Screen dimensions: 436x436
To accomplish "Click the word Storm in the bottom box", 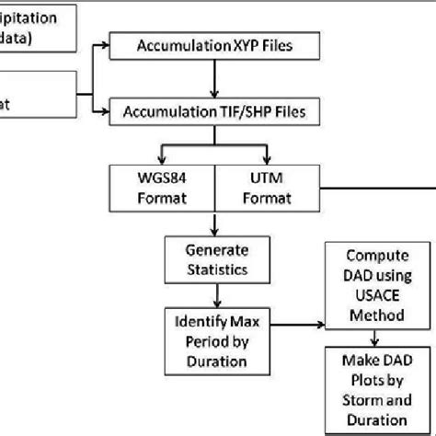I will (361, 404).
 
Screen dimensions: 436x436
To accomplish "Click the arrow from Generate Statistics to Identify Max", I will (215, 296).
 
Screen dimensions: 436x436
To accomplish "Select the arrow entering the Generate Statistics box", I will (215, 224).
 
